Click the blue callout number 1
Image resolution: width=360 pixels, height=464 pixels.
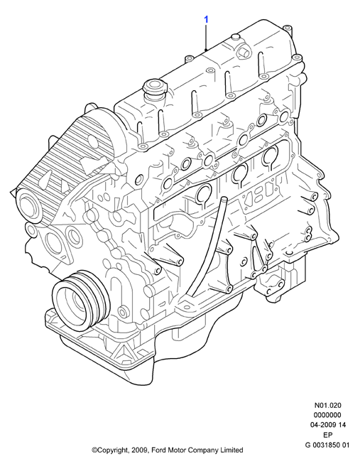206,19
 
